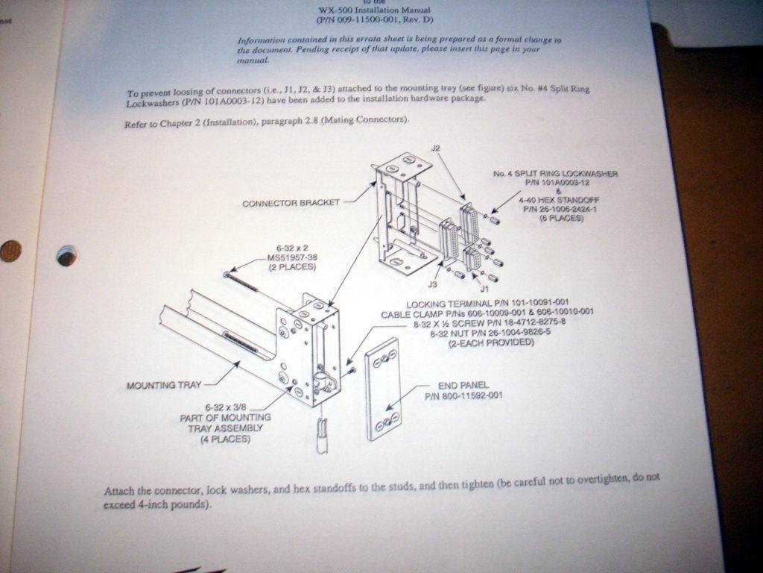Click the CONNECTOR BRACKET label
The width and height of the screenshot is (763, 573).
click(291, 203)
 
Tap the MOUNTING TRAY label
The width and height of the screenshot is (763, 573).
click(164, 386)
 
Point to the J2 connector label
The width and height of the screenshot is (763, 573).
click(436, 148)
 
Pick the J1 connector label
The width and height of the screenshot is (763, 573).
click(484, 287)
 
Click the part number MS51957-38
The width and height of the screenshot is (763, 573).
click(291, 257)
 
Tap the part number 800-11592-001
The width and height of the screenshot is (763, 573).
click(463, 395)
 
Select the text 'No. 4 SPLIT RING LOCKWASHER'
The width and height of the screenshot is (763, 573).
click(555, 174)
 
